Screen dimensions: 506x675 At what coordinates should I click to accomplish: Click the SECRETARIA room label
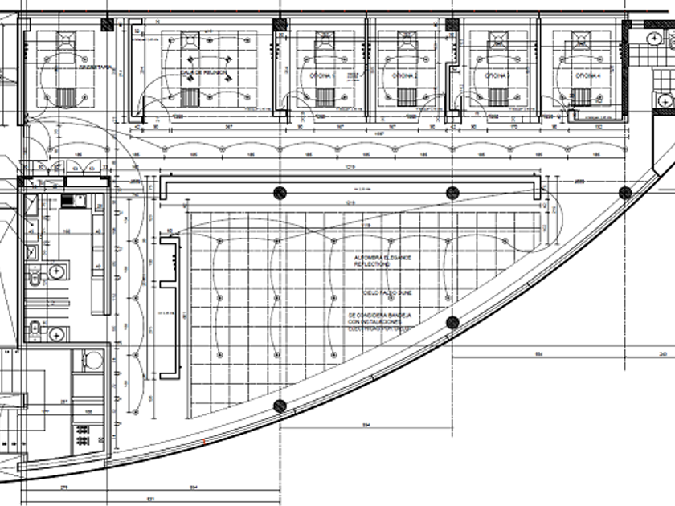[94, 69]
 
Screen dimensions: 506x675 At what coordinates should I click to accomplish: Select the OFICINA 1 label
[322, 75]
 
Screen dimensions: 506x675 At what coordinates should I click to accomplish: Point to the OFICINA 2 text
[403, 75]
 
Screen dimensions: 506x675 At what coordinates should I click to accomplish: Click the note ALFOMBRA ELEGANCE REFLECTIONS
[382, 260]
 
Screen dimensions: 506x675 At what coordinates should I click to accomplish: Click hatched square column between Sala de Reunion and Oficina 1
[280, 25]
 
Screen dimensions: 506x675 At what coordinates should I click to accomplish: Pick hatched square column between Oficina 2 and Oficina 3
[452, 25]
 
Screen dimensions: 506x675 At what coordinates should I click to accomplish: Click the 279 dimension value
[63, 488]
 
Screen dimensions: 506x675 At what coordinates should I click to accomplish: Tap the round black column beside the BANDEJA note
[452, 323]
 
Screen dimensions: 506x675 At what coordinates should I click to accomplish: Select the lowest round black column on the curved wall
[280, 406]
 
